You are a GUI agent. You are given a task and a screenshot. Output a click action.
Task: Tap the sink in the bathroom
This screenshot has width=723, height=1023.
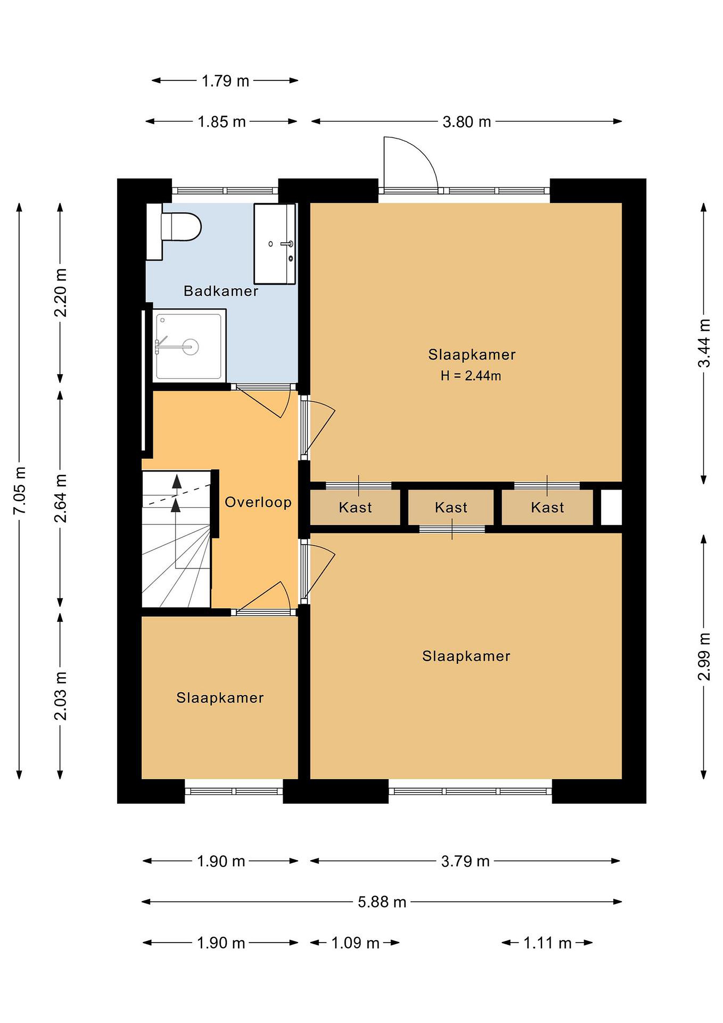pos(275,244)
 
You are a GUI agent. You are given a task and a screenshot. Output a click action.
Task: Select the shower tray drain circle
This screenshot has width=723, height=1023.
pos(191,346)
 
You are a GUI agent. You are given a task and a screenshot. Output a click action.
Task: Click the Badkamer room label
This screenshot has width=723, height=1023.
pos(221,291)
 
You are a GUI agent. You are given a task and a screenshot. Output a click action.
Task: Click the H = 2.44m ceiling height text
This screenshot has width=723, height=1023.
pos(471,376)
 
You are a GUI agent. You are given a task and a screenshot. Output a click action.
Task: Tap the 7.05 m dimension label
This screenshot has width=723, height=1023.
pos(20,491)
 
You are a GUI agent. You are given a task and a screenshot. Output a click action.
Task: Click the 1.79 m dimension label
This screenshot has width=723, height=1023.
pos(225,81)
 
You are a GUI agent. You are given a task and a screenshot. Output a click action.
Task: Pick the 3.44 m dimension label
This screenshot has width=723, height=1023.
pos(704,343)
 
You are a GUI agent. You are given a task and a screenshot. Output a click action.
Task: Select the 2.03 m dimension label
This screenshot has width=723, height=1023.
pos(61,696)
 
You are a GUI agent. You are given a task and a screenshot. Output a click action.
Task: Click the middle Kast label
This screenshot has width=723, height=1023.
pos(451,508)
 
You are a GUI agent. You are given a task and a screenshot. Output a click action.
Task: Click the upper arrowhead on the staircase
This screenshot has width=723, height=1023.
pos(177,481)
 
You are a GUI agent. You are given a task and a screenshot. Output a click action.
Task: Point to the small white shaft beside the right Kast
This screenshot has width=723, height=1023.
pos(611,508)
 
